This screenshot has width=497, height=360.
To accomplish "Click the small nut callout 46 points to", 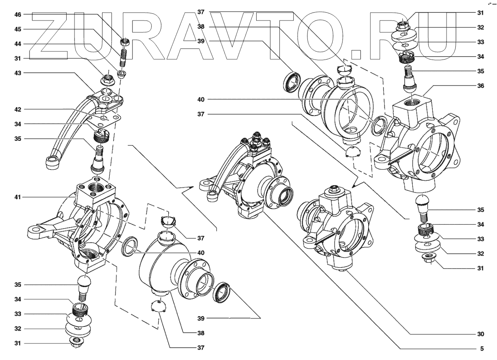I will click(125, 41).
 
